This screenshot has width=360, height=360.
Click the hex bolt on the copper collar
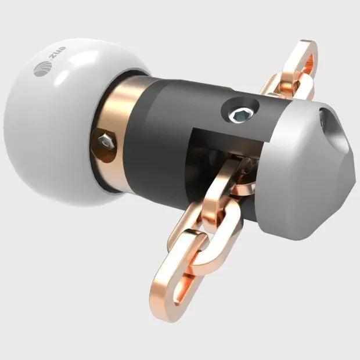click(x=105, y=140)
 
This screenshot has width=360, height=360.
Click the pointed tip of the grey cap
click(x=354, y=174)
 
